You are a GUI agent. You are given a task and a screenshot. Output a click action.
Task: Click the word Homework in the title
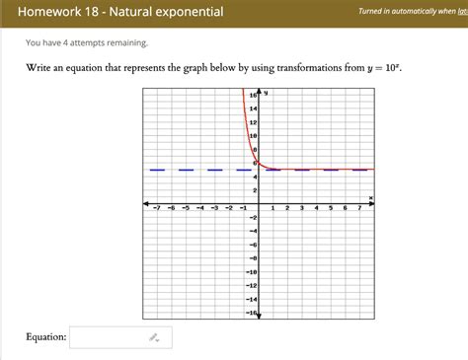click(49, 12)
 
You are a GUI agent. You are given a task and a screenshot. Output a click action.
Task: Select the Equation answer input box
click(120, 337)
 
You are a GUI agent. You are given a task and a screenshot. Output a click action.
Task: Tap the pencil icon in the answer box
click(154, 337)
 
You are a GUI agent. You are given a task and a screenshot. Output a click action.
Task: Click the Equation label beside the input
click(46, 337)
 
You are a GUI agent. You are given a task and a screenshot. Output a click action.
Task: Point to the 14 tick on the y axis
click(253, 108)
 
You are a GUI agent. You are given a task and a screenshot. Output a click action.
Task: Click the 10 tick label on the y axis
click(253, 135)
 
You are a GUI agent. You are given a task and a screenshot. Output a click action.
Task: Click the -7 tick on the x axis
click(156, 209)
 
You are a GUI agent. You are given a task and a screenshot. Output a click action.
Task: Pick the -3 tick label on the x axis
click(214, 209)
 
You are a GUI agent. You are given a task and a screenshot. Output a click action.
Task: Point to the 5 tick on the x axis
click(331, 209)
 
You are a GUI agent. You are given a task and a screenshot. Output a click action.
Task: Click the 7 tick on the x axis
click(359, 209)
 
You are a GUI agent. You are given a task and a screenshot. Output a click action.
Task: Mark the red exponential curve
click(247, 128)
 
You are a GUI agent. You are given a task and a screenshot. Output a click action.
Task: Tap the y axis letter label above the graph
click(267, 92)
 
